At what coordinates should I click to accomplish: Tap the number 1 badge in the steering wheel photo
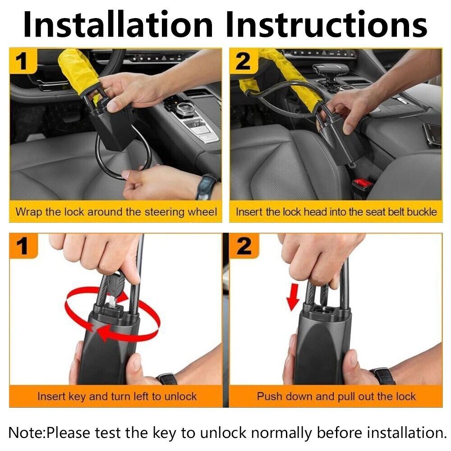(23, 61)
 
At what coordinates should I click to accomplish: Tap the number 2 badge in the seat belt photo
(244, 61)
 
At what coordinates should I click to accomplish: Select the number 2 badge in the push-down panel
(244, 247)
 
